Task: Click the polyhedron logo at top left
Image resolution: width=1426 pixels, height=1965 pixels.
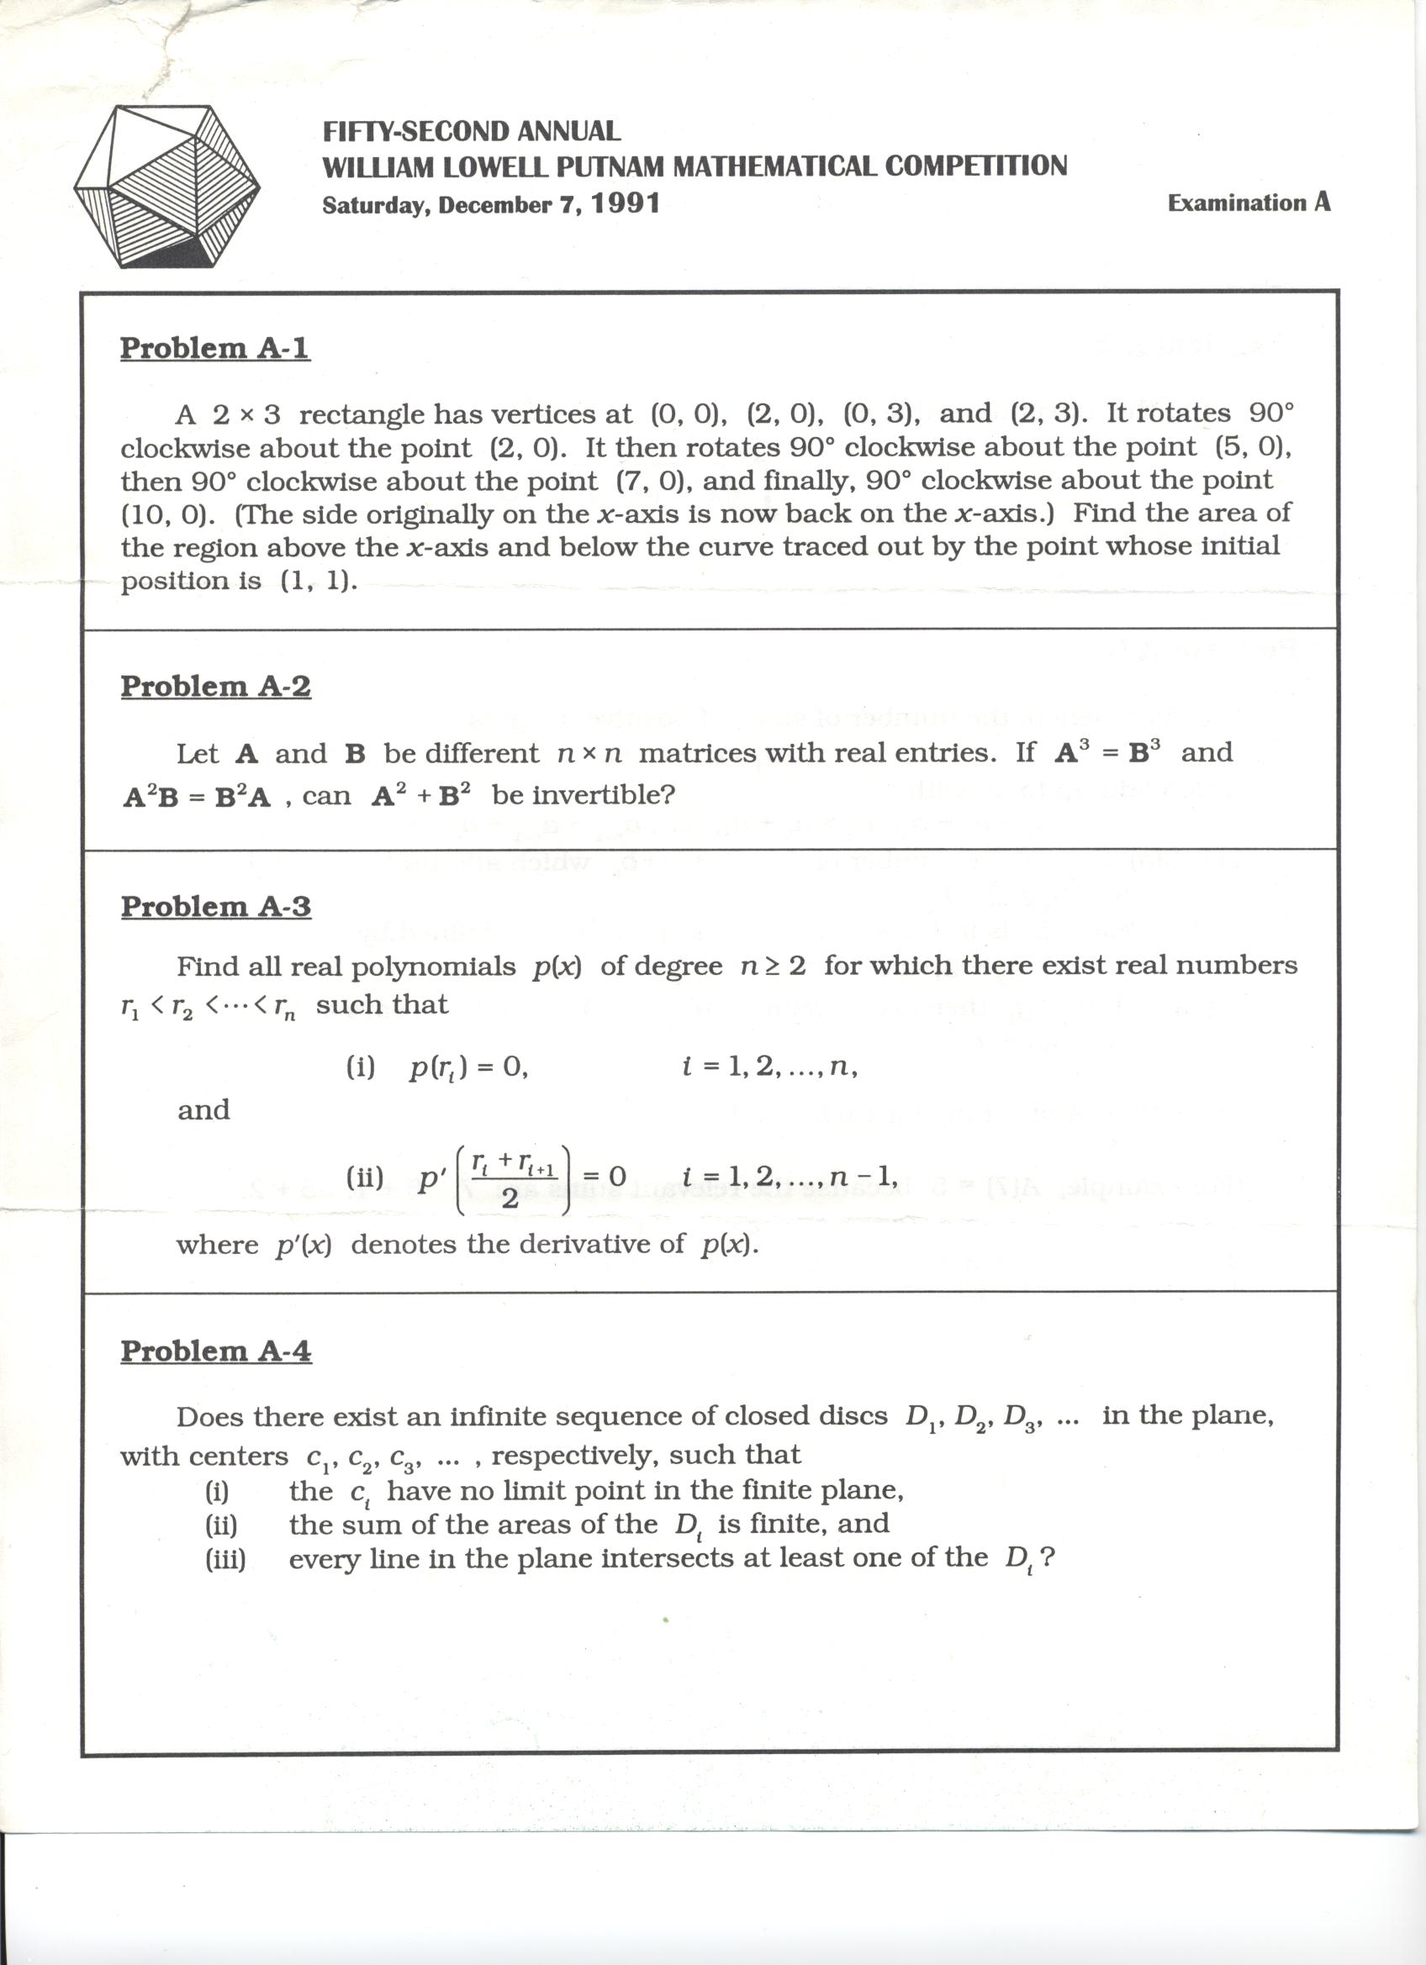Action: (167, 186)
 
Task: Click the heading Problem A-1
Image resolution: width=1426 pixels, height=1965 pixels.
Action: (214, 347)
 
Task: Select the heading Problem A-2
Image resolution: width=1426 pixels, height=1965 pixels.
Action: (215, 686)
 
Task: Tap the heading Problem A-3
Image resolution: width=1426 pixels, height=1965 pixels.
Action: (215, 906)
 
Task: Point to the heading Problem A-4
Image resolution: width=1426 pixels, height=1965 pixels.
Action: (215, 1351)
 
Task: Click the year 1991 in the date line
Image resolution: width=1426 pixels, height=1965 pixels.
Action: (626, 203)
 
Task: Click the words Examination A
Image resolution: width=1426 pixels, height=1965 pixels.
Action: (1249, 203)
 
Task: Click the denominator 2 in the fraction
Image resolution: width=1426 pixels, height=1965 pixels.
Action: (510, 1200)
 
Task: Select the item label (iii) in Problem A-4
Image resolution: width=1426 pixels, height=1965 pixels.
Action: (225, 1560)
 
